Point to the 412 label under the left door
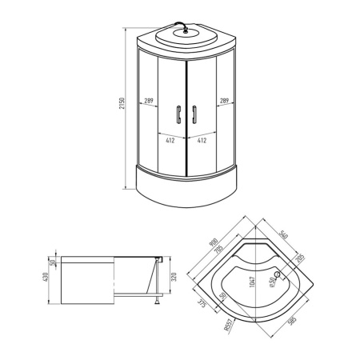click(x=170, y=139)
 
